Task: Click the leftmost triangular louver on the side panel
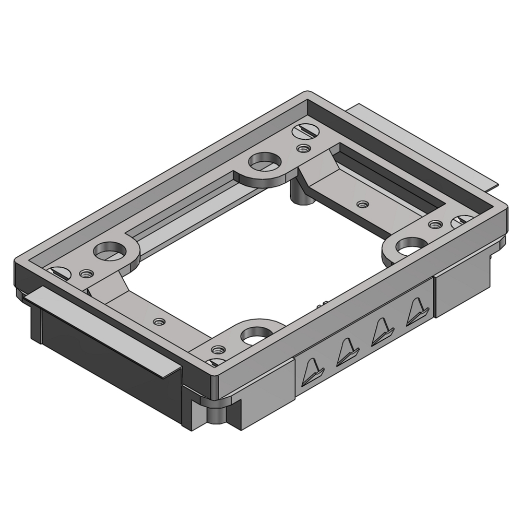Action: pos(314,370)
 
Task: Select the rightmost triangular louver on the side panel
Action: pos(417,312)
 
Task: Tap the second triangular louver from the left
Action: pos(347,351)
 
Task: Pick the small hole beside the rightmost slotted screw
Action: pos(433,225)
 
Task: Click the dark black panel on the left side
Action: pos(104,355)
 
